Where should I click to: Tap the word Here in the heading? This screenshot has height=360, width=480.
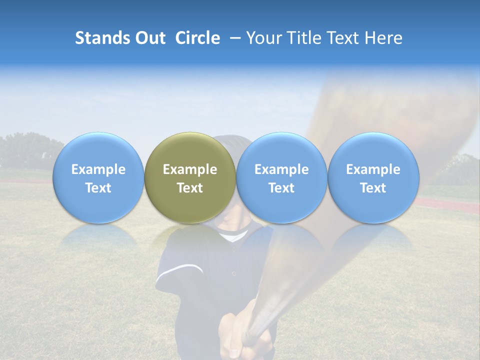(x=383, y=38)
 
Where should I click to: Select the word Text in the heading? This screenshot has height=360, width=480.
(x=343, y=38)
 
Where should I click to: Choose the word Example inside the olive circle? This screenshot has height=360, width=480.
(x=189, y=169)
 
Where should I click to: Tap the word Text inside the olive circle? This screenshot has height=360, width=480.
(x=189, y=188)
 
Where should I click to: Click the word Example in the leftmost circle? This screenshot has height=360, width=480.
(x=98, y=169)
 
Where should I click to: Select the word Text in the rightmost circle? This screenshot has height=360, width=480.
(x=373, y=188)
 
